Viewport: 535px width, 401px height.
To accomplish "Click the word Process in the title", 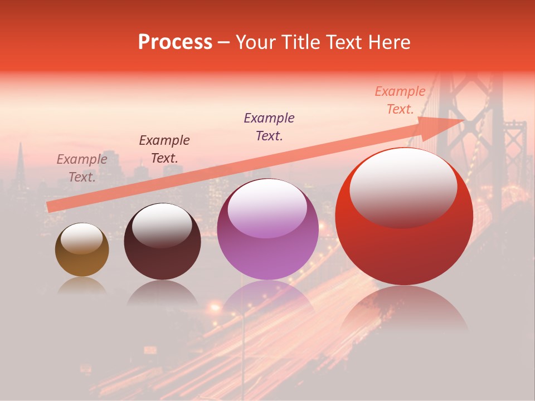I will point(175,42).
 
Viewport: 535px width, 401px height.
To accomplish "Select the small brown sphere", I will point(82,250).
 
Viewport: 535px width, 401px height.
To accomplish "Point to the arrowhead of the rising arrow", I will point(446,125).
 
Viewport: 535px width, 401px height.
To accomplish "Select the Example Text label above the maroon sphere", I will point(164,149).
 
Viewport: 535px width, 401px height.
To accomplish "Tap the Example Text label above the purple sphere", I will point(269,127).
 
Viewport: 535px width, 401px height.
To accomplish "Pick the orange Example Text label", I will point(400,100).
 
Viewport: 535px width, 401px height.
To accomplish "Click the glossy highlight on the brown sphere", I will point(81,238).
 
